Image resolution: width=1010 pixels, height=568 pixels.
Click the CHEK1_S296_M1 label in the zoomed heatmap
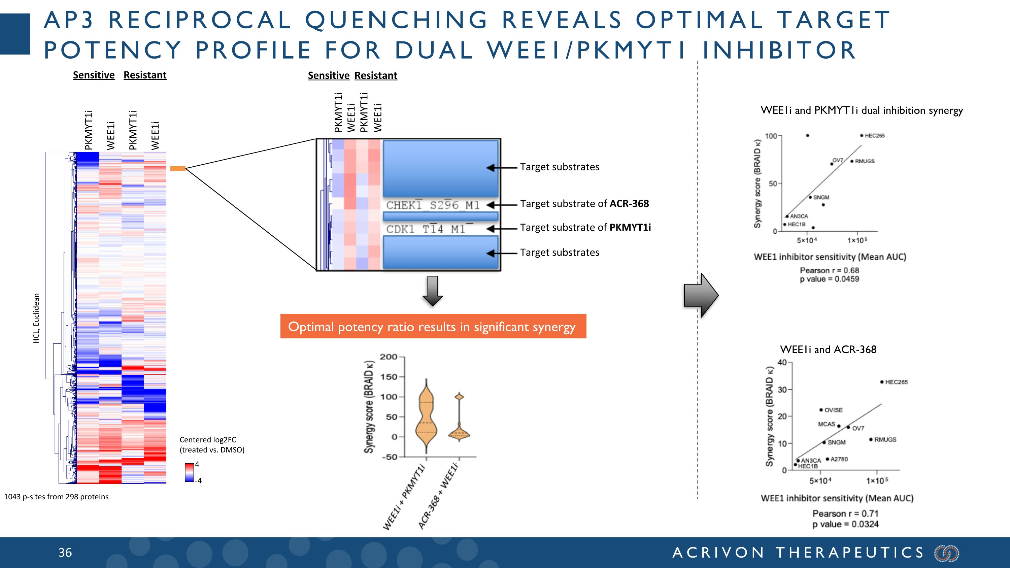click(x=433, y=205)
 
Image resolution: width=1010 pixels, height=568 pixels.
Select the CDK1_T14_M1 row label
click(x=426, y=229)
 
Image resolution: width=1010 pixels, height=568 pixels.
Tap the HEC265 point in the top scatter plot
click(x=862, y=136)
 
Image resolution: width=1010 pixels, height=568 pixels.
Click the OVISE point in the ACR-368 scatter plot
click(x=821, y=410)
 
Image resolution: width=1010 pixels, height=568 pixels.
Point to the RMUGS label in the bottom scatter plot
click(x=885, y=439)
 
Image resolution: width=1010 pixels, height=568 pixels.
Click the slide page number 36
click(x=65, y=553)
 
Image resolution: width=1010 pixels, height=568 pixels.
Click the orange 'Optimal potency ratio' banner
click(x=433, y=326)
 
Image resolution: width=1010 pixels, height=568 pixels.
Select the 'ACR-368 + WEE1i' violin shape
click(x=459, y=427)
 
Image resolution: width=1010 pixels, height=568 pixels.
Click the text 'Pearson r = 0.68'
click(x=829, y=270)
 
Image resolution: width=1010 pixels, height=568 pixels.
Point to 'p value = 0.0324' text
click(x=845, y=524)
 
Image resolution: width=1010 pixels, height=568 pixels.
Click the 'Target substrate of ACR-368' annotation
click(x=584, y=204)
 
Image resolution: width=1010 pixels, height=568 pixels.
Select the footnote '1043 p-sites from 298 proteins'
click(x=56, y=497)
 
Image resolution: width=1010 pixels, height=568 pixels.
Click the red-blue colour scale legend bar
click(x=189, y=472)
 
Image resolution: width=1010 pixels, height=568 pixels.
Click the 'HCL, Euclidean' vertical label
click(x=36, y=318)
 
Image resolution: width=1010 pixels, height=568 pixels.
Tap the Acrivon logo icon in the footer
click(x=946, y=553)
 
